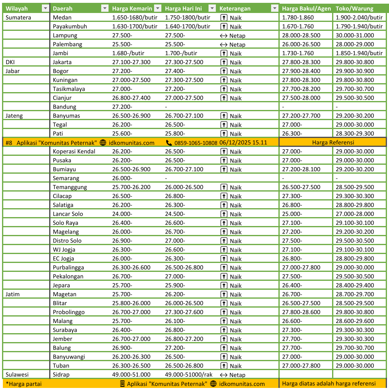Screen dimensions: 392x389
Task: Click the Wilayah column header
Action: pos(17,9)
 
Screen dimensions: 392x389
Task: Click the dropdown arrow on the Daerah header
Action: pos(104,9)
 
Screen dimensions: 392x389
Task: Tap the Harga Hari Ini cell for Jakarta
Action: pos(184,62)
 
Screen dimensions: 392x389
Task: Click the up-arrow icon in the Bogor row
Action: pos(224,71)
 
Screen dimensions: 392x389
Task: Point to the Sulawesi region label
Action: pos(17,375)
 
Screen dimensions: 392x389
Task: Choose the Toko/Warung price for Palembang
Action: pos(355,44)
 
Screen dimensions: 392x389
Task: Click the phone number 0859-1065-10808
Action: pos(196,143)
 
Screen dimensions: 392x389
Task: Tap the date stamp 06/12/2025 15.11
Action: pos(243,142)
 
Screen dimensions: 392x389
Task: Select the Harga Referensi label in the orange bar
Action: pos(333,142)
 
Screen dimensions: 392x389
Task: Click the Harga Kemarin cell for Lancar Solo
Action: pos(122,214)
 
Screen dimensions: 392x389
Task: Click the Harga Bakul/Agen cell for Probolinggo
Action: pos(301,312)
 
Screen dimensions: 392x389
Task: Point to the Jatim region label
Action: pos(13,294)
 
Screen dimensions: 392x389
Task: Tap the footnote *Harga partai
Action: pos(24,384)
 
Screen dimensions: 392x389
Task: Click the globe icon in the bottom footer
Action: pos(213,384)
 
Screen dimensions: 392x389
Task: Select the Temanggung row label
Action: pos(70,187)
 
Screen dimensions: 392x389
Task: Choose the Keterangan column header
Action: pos(235,9)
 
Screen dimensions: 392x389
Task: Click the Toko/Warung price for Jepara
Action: pos(355,285)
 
